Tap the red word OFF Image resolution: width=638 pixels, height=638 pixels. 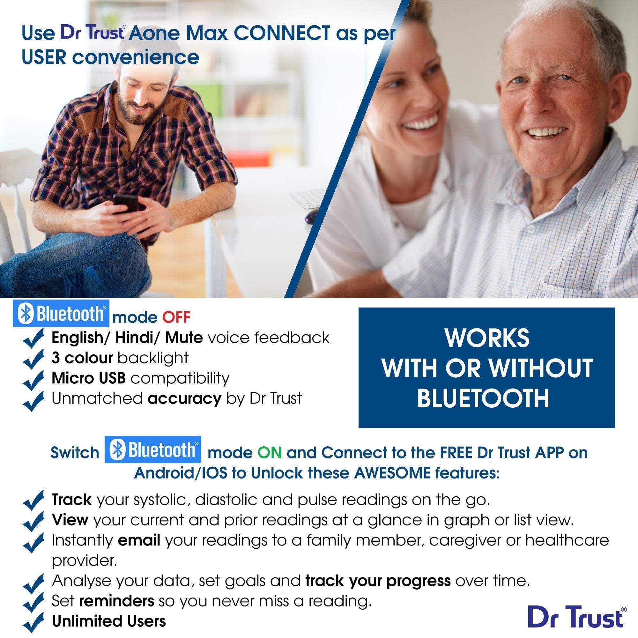coord(176,317)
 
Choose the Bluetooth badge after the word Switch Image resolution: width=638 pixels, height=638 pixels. coord(152,449)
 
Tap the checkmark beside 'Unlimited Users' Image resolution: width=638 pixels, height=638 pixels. coord(34,622)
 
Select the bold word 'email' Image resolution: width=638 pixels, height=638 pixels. coord(139,540)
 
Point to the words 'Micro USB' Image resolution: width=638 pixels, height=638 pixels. coord(88,378)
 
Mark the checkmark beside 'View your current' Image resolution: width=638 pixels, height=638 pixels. coord(34,521)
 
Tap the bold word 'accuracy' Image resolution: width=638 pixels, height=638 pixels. coord(184,398)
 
